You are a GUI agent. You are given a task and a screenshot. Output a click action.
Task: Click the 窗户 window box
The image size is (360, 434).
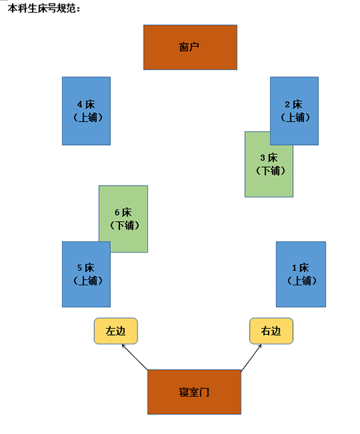click(190, 47)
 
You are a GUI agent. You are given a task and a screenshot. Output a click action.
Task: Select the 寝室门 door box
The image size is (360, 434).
click(194, 392)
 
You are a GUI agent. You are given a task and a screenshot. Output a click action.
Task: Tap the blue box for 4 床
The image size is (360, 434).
click(87, 111)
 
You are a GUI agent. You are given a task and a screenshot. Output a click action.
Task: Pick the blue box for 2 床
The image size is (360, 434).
click(294, 111)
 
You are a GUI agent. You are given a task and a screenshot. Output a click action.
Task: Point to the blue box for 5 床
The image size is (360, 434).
click(87, 274)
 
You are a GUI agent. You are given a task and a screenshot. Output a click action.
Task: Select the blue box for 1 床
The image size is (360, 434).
click(301, 274)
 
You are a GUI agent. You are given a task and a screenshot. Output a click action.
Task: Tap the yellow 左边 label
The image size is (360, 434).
click(116, 331)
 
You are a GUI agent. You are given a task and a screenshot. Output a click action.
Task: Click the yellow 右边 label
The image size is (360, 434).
click(271, 331)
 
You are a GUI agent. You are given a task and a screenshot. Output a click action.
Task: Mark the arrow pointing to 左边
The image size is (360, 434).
click(135, 357)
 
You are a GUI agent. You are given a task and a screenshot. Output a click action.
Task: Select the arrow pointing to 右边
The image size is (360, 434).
click(251, 357)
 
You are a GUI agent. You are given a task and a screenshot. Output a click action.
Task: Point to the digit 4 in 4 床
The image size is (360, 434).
click(80, 105)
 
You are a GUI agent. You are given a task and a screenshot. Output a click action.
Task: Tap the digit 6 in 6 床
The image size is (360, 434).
click(117, 213)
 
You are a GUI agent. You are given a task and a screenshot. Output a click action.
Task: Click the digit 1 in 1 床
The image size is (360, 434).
click(294, 268)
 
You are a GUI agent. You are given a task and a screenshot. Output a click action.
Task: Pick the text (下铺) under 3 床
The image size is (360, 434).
click(270, 171)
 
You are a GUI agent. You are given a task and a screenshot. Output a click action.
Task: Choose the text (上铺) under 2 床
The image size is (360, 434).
click(295, 117)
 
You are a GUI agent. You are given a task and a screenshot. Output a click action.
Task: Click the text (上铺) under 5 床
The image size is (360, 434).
click(88, 280)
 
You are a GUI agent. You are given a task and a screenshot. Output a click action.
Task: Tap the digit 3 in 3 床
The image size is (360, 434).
click(262, 158)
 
